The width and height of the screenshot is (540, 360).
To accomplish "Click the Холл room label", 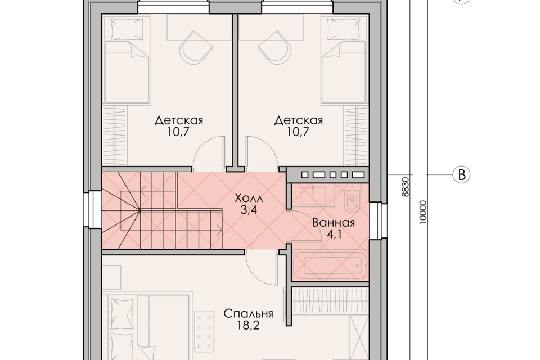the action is point(249,199).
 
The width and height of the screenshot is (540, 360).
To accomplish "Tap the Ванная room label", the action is point(334,223).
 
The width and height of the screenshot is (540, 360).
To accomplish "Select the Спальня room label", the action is point(248,314).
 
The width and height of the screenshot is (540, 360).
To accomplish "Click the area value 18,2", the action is point(248,326).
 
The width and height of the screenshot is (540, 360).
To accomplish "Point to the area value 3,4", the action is point(249,210).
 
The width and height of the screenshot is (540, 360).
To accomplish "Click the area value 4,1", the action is point(334,235).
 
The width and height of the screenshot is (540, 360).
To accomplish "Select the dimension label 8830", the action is point(406,187).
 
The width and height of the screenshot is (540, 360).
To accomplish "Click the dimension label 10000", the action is point(423,212).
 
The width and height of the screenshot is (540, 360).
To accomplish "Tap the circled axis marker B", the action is point(461,175).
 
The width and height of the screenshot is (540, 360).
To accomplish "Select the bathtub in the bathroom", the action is point(332,265).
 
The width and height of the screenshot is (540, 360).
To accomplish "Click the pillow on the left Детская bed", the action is point(126,29).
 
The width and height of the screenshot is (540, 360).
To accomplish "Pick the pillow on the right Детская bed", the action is point(343,29).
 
